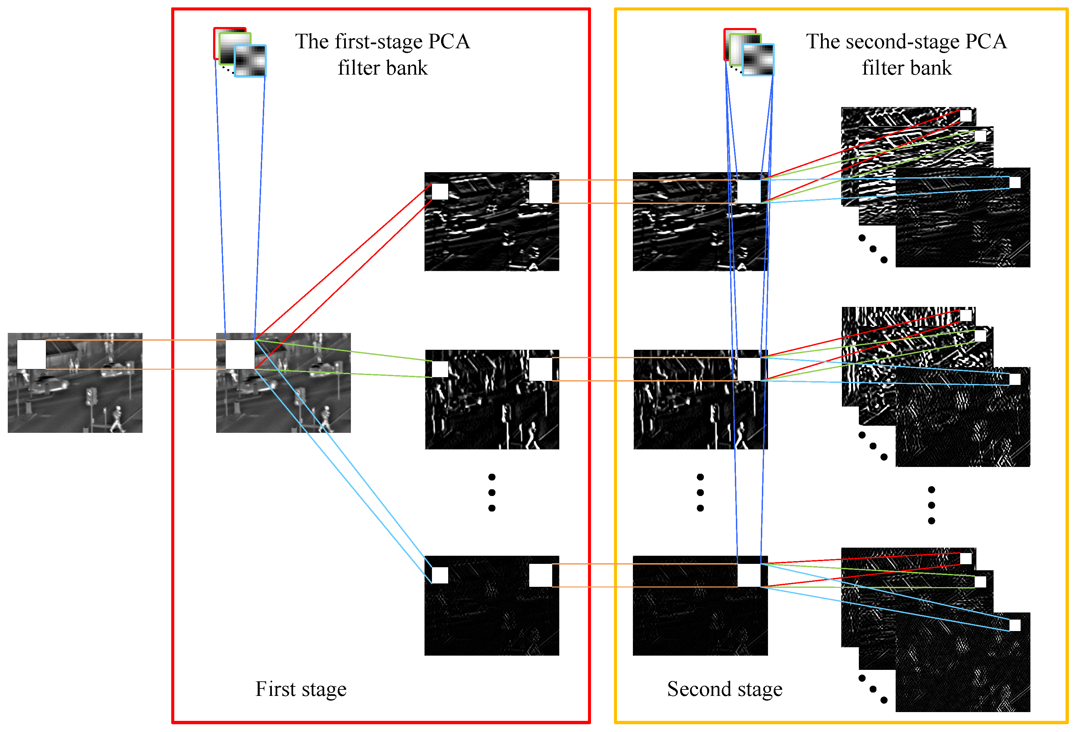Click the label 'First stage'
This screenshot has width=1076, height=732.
[301, 689]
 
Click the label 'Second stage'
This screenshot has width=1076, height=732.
[724, 689]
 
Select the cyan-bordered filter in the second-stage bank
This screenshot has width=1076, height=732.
[758, 60]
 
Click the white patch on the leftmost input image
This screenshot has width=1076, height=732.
[31, 354]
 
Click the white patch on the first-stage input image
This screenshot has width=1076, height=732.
[240, 354]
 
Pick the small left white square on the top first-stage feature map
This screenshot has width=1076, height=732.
[440, 191]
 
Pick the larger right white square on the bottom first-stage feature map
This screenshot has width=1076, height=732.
[540, 575]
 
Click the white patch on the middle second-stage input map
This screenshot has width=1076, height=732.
[749, 369]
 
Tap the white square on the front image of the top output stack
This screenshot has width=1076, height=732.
[1015, 182]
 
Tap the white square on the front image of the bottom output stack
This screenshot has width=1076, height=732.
[1015, 625]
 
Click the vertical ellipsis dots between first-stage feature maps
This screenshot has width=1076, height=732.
[492, 492]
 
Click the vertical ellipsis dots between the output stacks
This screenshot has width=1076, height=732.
[931, 505]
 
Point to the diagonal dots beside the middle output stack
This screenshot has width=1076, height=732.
[873, 446]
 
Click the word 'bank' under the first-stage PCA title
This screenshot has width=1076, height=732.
[407, 68]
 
